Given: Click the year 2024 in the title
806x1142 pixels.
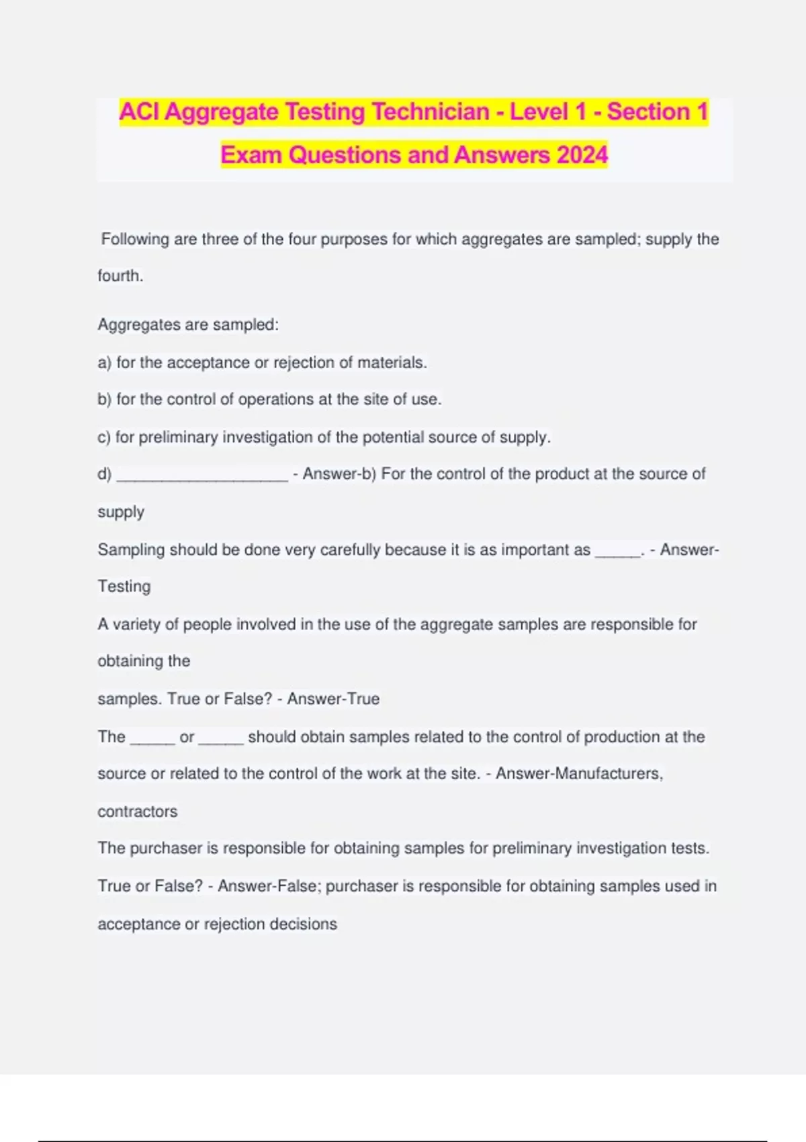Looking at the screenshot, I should tap(582, 155).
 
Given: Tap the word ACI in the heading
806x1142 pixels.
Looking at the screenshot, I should tap(140, 112).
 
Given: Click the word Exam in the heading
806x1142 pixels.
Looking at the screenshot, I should tap(251, 155).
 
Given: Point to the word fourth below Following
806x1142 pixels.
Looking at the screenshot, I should tap(120, 276).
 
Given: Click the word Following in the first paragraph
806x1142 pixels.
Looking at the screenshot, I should tap(135, 239).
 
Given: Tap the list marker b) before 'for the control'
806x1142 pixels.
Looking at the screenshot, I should tap(104, 400).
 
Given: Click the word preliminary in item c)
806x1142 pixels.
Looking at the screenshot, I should tap(178, 437).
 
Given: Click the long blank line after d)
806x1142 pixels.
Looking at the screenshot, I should tap(202, 476).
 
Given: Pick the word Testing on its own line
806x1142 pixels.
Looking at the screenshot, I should tap(124, 586).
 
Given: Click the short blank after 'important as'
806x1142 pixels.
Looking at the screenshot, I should tap(618, 552).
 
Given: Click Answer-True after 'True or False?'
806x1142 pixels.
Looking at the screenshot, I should tap(333, 699).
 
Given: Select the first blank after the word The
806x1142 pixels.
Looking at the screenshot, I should tap(152, 739).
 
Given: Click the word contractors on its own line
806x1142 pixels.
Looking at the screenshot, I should tap(138, 811).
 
